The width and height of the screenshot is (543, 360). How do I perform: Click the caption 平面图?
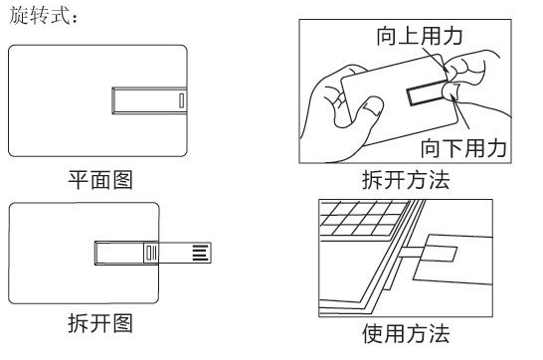click(x=100, y=180)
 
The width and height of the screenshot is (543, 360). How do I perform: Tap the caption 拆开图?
click(x=100, y=323)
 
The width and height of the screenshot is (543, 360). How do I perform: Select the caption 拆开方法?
click(x=406, y=180)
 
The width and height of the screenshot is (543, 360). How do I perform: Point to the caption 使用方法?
click(x=406, y=334)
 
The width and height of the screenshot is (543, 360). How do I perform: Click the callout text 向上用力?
click(x=420, y=36)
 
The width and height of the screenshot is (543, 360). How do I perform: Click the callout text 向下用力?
click(x=463, y=148)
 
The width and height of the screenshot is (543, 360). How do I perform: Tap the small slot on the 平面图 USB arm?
click(x=181, y=100)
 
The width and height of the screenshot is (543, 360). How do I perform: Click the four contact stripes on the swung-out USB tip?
click(x=201, y=253)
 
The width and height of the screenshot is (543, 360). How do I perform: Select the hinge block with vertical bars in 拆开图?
click(x=151, y=253)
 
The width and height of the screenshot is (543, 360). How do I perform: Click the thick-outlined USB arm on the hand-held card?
click(x=427, y=92)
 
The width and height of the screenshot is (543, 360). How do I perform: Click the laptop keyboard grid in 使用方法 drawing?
click(x=364, y=218)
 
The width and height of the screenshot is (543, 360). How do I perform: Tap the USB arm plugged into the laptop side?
click(x=411, y=252)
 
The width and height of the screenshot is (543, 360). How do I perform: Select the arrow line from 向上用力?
click(x=436, y=60)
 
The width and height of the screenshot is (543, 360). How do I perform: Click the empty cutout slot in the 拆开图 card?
click(x=119, y=253)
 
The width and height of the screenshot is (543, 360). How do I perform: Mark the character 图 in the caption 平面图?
click(x=123, y=180)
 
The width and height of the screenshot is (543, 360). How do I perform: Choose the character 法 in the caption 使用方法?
click(x=440, y=334)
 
